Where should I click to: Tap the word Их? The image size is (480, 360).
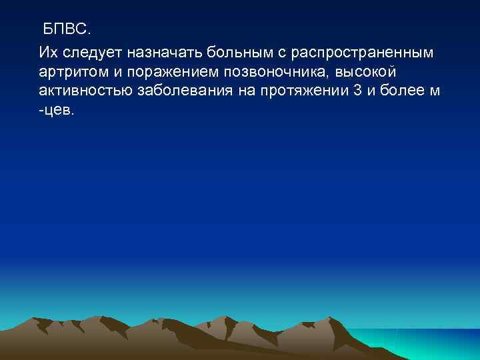(48, 51)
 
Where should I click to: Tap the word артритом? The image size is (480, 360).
(69, 71)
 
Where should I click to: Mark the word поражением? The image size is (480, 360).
(155, 71)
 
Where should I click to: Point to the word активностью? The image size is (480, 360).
(85, 91)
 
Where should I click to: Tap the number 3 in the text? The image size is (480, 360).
(359, 91)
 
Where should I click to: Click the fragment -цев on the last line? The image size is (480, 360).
(57, 111)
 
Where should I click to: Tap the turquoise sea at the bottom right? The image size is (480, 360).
(427, 343)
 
